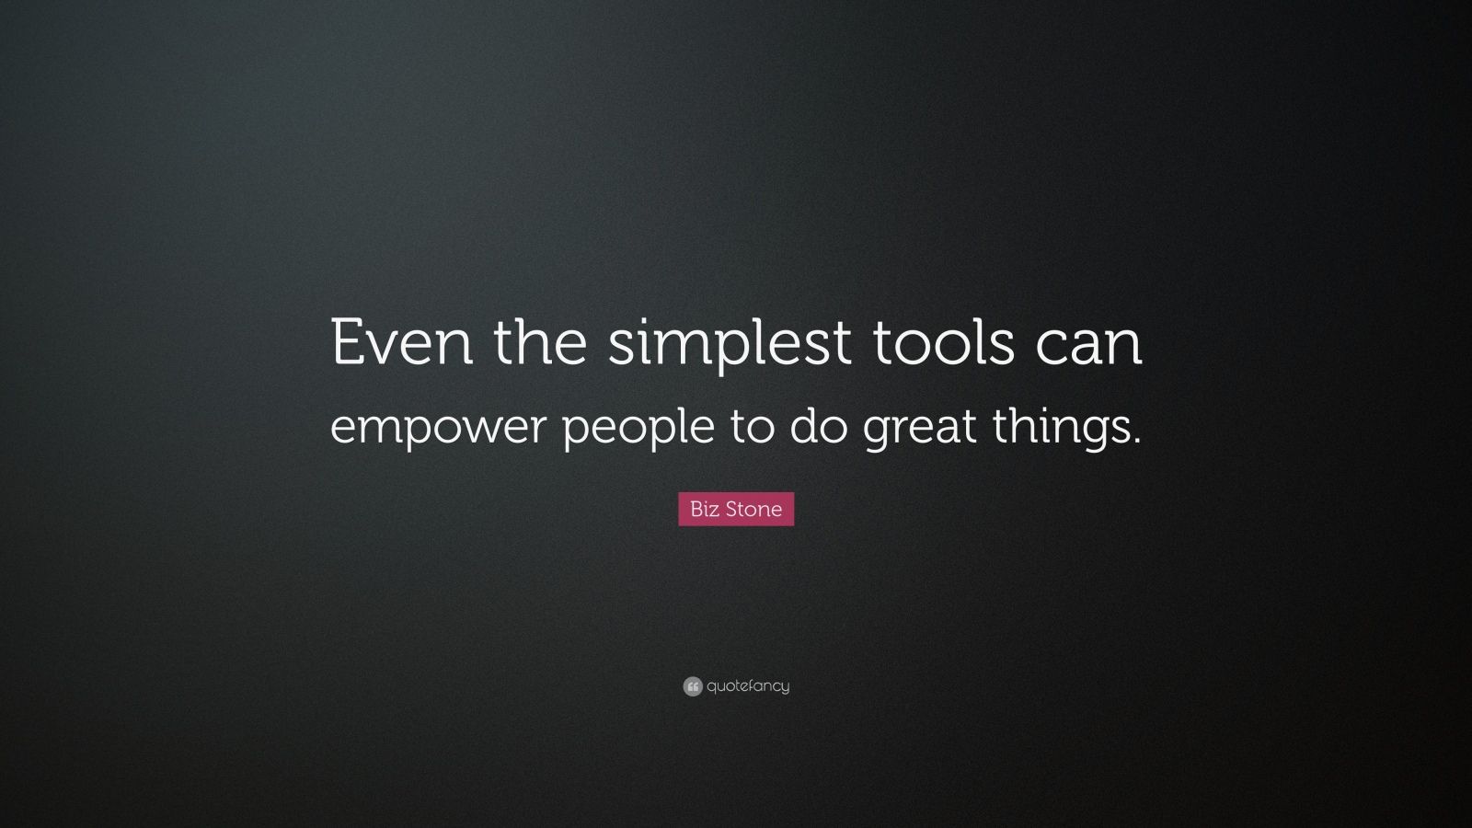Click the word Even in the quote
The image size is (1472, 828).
(402, 342)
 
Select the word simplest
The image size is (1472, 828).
(730, 344)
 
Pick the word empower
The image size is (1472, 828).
(437, 429)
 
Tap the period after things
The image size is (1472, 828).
(1136, 442)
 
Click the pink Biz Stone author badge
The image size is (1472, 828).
(736, 509)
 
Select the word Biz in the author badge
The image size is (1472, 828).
(704, 509)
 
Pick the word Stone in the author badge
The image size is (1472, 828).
(753, 509)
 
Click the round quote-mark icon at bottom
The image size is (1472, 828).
(693, 686)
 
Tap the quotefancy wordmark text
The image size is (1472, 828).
(748, 686)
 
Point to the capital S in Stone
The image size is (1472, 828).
(730, 509)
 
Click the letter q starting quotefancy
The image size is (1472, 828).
(712, 687)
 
